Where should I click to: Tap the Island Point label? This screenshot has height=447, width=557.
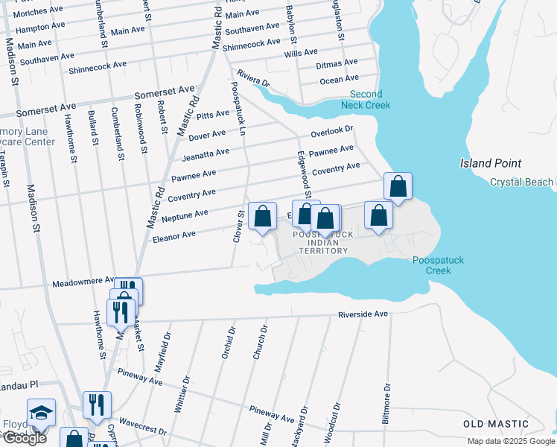(x=490, y=163)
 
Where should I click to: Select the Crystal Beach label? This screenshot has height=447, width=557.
(x=521, y=183)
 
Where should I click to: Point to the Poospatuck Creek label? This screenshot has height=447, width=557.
(x=432, y=265)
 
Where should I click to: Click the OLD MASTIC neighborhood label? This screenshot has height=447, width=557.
(x=494, y=424)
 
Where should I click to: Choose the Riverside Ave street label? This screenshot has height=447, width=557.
(x=363, y=314)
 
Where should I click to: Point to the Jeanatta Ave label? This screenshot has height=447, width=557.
(x=206, y=155)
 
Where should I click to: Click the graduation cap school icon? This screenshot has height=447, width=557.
(x=41, y=412)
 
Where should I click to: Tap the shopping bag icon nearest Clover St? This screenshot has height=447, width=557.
(x=262, y=216)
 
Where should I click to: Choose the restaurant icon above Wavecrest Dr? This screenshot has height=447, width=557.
(x=97, y=405)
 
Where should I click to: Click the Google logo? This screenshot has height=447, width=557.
(x=25, y=438)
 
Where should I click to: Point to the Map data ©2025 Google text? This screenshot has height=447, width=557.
(x=510, y=441)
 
